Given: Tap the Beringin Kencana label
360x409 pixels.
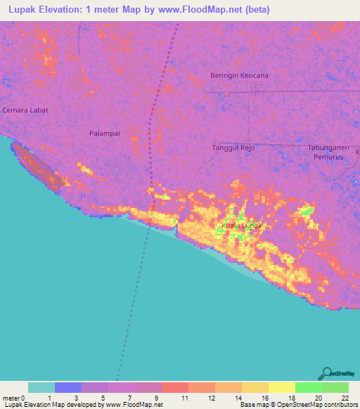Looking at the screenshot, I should [239, 75].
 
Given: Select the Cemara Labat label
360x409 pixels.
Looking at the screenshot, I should [25, 110].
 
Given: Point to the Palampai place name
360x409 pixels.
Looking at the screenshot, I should [104, 133].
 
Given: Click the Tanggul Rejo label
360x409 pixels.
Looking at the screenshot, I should [233, 148].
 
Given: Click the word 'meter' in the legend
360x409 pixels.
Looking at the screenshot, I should [10, 398].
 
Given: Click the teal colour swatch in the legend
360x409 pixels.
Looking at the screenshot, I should [41, 387].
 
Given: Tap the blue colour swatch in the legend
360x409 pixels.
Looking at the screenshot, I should [68, 387].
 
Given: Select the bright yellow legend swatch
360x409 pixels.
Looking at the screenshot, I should [282, 387].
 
